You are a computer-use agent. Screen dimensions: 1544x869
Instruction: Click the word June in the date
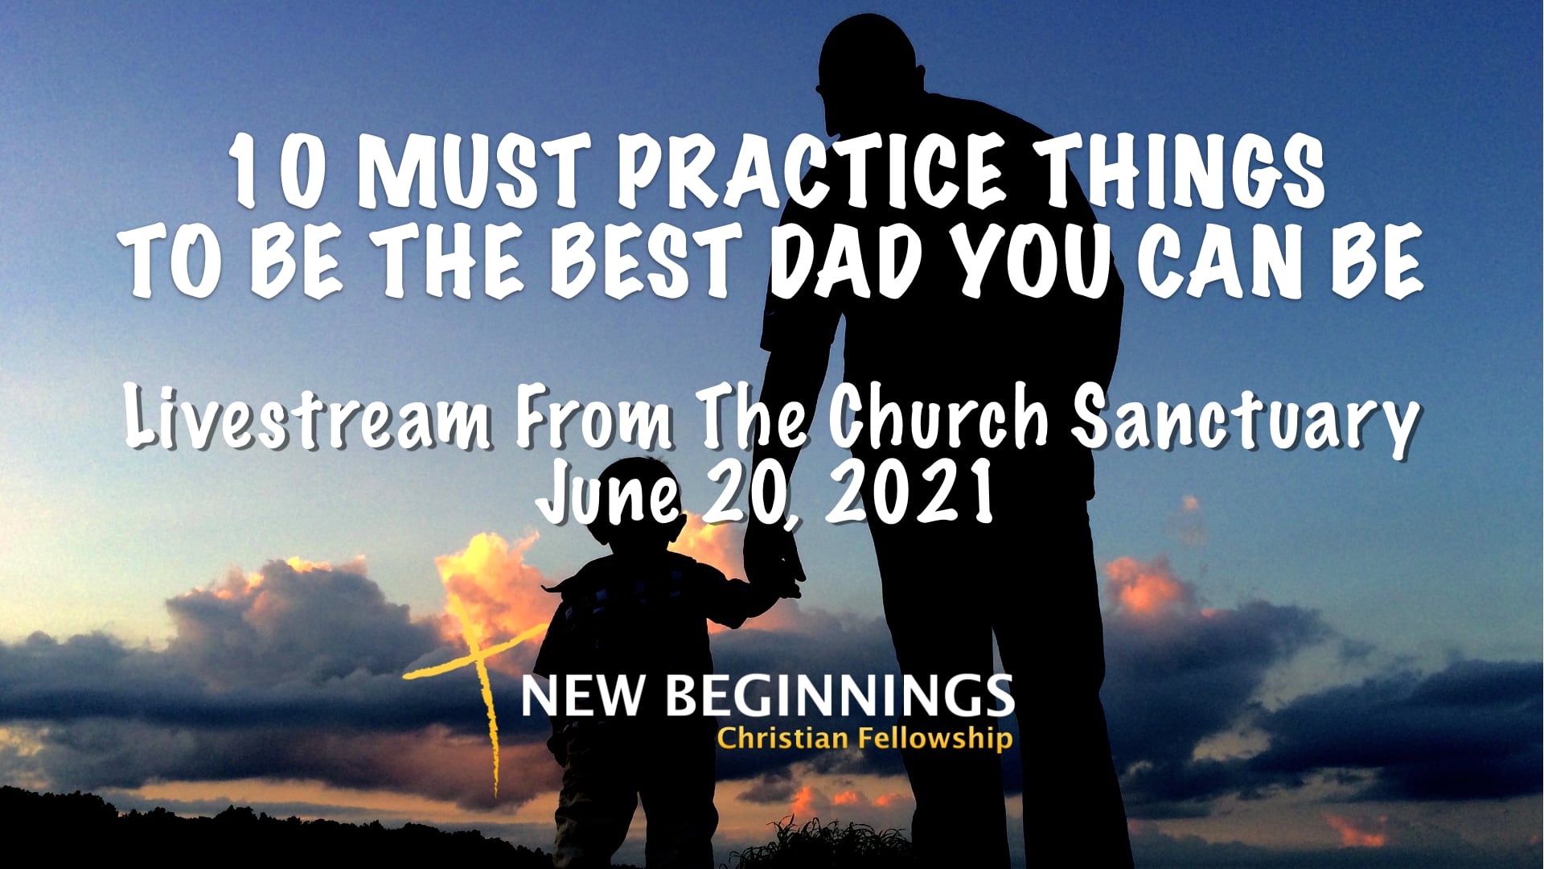[610, 492]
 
